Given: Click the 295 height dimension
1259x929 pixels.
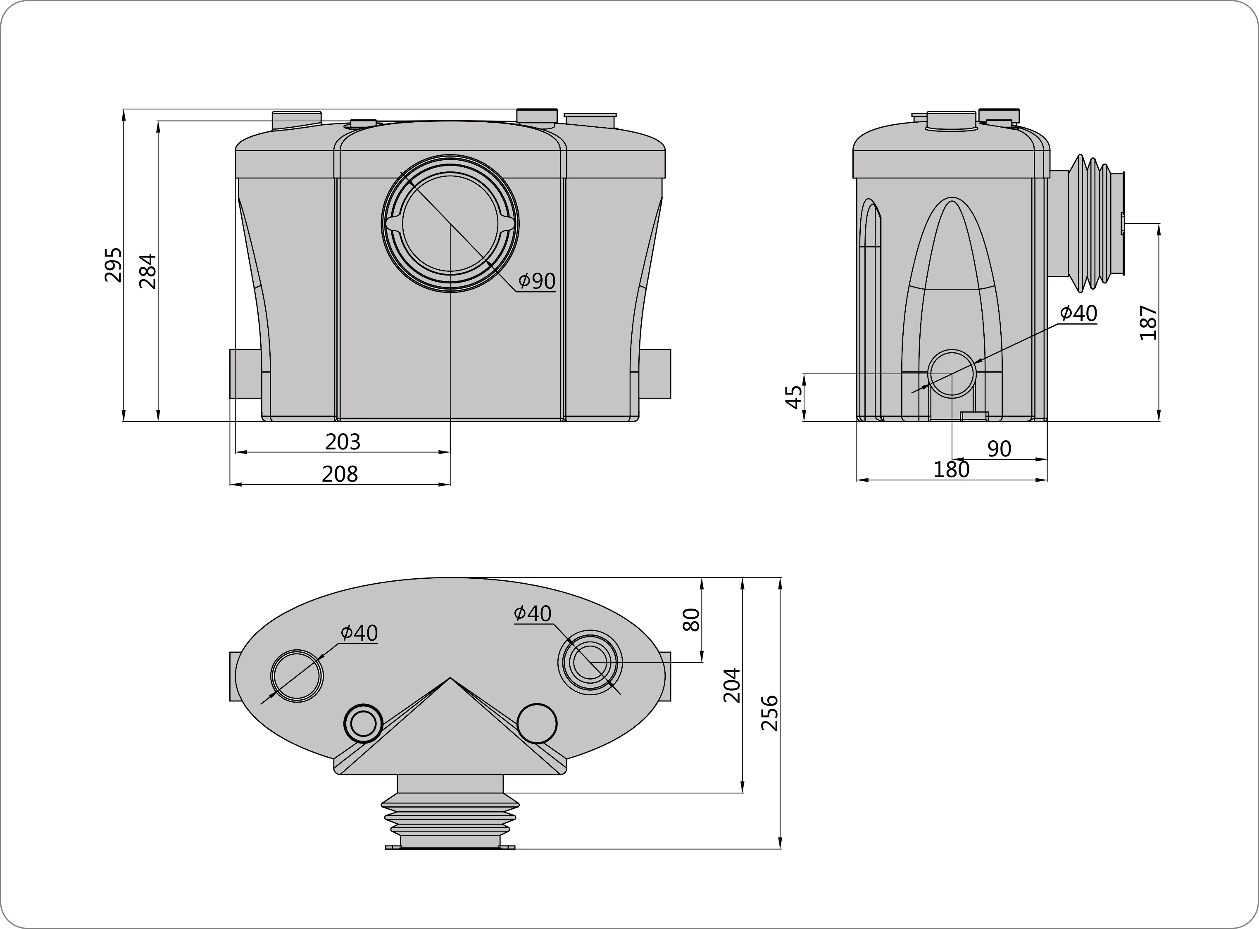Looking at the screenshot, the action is [113, 264].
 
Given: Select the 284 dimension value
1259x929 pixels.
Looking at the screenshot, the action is [148, 271].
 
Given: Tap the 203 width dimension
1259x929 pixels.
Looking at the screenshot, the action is [343, 442].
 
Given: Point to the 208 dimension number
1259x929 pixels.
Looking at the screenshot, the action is [340, 474].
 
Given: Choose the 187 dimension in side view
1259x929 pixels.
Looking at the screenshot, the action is [1148, 322].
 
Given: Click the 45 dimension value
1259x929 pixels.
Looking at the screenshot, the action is [794, 397].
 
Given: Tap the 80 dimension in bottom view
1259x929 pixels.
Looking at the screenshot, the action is [691, 620].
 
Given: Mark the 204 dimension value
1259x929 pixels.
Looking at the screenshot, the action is [732, 685].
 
